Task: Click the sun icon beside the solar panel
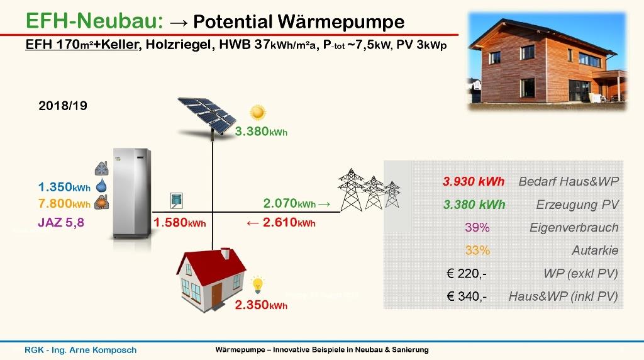[x=258, y=112]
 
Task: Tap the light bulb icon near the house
[x=257, y=285]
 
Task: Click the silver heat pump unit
[x=132, y=194]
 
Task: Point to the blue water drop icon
[x=101, y=186]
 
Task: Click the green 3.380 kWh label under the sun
[x=261, y=132]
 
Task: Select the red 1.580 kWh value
[x=179, y=223]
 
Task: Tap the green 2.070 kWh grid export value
[x=289, y=203]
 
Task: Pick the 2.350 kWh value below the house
[x=261, y=305]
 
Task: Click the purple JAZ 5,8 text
[x=61, y=223]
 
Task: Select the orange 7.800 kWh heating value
[x=64, y=203]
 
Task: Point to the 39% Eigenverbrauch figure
[x=477, y=227]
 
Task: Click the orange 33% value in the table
[x=477, y=250]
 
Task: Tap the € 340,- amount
[x=467, y=296]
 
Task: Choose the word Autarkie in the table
[x=595, y=250]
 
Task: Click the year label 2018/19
[x=63, y=106]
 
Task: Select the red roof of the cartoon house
[x=211, y=268]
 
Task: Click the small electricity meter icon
[x=176, y=201]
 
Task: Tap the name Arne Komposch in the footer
[x=103, y=350]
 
